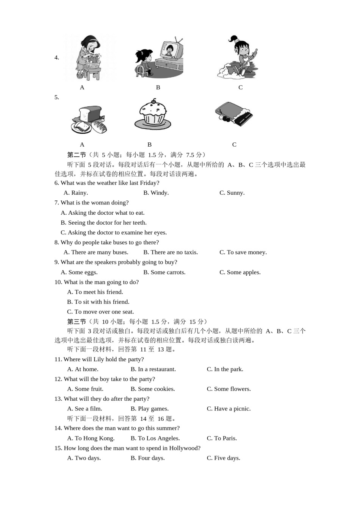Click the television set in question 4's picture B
tap(171, 51)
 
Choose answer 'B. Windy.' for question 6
tap(156, 193)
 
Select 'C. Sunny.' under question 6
tap(232, 193)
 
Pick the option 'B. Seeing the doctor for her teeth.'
tap(103, 223)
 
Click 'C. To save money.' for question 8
tap(243, 252)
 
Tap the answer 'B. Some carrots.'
tap(164, 272)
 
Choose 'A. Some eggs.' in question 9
tap(79, 272)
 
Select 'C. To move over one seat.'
tap(100, 312)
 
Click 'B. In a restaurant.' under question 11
tap(153, 369)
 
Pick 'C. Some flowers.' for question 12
tap(229, 389)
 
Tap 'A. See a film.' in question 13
tap(85, 409)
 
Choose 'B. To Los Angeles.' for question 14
tap(155, 438)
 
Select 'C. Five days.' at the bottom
tap(223, 458)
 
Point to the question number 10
tap(58, 282)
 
